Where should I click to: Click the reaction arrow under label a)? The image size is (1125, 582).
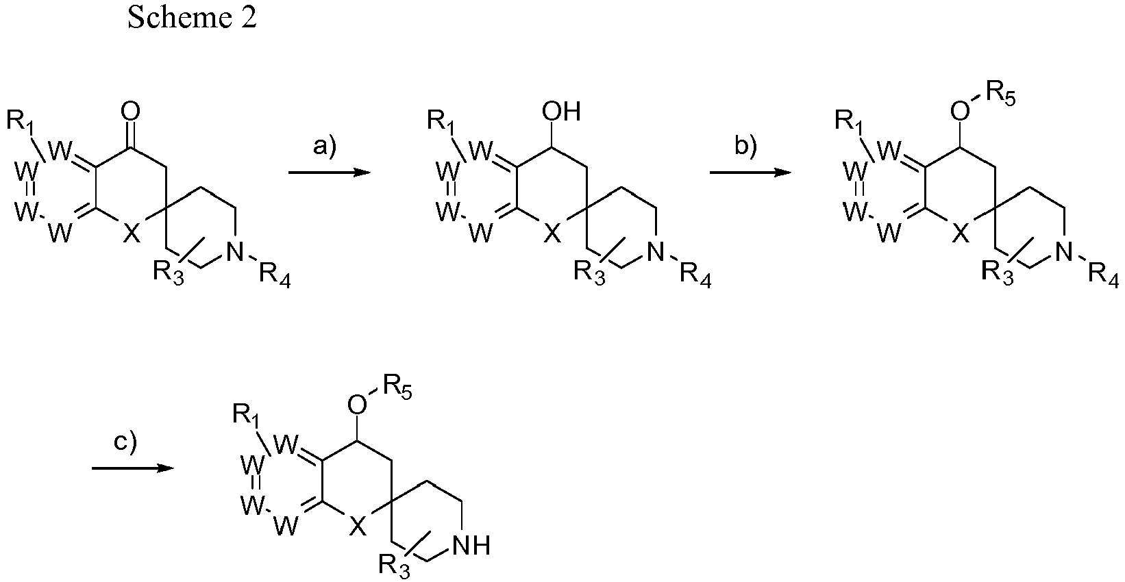click(x=330, y=173)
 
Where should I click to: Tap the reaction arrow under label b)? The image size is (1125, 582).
click(x=750, y=173)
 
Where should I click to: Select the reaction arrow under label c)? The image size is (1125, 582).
click(x=133, y=468)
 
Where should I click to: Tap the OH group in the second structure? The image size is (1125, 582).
click(x=561, y=112)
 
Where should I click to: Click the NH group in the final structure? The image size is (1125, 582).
click(x=471, y=546)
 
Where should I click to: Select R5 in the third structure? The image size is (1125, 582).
click(x=1000, y=94)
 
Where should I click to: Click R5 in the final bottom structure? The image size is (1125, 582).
click(x=397, y=388)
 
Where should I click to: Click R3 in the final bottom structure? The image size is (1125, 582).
click(x=394, y=566)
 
